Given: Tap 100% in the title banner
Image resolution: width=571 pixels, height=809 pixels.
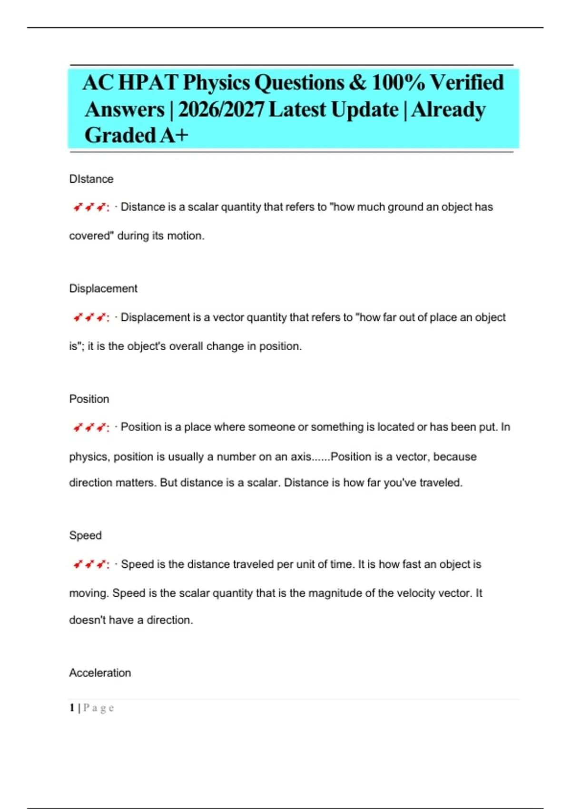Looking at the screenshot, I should [x=398, y=83].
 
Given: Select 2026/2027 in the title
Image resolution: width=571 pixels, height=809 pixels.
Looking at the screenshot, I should [x=221, y=110].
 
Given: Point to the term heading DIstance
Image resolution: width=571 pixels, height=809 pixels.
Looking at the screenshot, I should [x=91, y=179].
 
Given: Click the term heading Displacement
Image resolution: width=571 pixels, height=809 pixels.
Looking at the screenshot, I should [x=103, y=288].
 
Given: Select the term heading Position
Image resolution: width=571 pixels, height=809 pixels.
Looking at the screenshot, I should [x=89, y=399].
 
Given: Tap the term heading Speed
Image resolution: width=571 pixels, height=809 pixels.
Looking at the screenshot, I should [x=86, y=535].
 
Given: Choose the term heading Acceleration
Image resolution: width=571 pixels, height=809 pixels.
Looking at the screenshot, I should [x=100, y=673].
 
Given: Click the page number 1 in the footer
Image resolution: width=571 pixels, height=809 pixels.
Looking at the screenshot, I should [x=72, y=708].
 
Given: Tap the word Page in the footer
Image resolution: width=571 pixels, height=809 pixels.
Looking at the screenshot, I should [x=98, y=708].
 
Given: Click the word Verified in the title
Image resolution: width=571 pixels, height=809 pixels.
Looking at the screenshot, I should [x=467, y=83].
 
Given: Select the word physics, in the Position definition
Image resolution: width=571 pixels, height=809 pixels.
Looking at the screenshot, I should [x=89, y=457].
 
